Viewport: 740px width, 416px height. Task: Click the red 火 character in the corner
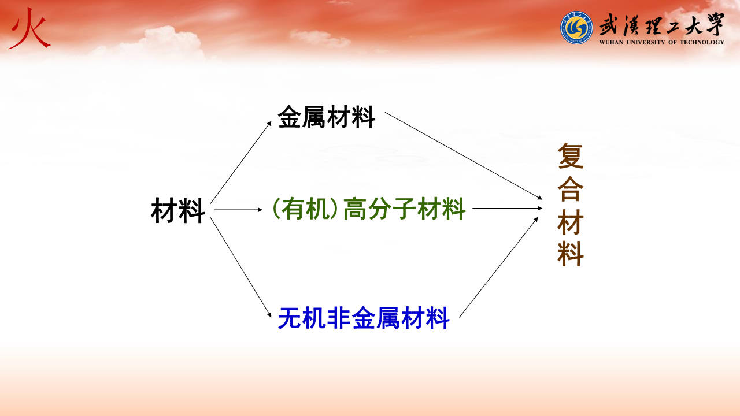pos(29,29)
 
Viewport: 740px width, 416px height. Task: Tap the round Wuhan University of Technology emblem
pos(576,28)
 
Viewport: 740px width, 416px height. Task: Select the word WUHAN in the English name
pos(611,42)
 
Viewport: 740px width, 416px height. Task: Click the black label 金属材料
pos(327,117)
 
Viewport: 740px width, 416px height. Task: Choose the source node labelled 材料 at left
pos(177,210)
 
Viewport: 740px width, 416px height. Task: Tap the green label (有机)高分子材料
pos(369,209)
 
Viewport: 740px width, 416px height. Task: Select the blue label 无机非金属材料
pos(364,318)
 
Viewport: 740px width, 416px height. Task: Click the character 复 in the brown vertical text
pos(571,156)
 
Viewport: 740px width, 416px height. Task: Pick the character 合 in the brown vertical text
pos(571,189)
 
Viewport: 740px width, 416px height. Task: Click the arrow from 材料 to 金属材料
pos(241,162)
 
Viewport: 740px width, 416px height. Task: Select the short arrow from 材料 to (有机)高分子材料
pos(238,210)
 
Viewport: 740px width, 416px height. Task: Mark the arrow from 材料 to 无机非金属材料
pos(241,267)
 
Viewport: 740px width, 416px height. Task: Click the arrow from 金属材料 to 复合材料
pos(464,156)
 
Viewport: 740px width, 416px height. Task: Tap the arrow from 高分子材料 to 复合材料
pos(508,209)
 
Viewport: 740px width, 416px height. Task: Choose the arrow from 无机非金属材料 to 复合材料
pos(498,267)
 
